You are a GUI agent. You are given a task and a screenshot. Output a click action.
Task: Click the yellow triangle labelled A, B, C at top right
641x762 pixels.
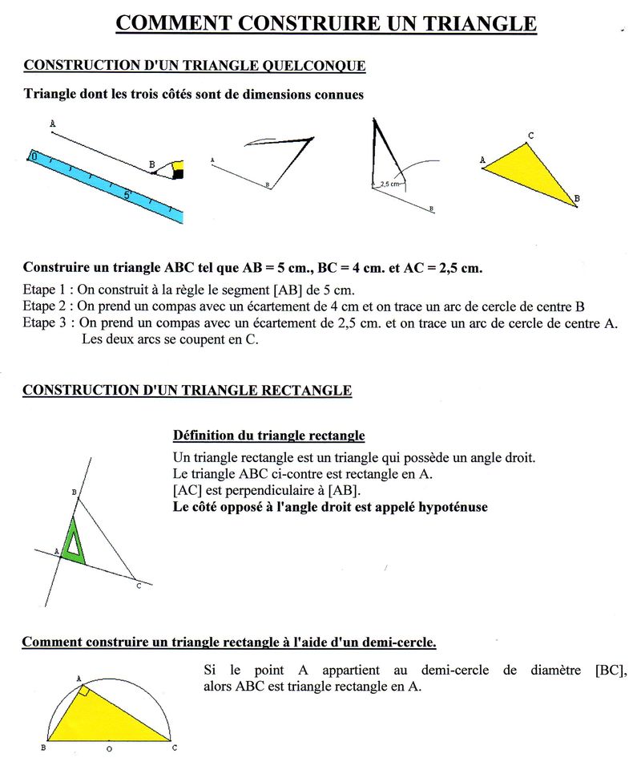[x=529, y=172]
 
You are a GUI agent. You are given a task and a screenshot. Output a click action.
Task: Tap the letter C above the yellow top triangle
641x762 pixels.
[x=530, y=135]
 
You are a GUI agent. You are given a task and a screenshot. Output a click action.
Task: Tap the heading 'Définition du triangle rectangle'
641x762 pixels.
[x=268, y=436]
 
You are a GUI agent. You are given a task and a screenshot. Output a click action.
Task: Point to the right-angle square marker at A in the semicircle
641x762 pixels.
[x=83, y=689]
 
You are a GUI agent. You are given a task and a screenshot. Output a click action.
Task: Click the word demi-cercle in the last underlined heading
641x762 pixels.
[x=397, y=642]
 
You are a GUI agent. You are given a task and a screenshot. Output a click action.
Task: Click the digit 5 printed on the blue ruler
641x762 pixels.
[x=127, y=193]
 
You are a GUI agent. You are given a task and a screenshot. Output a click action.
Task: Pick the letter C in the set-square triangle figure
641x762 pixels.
[x=139, y=586]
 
